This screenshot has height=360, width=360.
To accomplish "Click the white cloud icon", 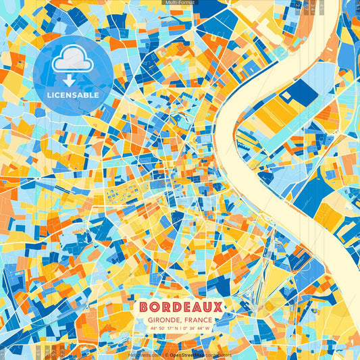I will coord(72,61).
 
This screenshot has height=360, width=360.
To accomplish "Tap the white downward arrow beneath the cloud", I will coord(72,80).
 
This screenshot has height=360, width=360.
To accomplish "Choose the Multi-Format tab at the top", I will coord(180,3).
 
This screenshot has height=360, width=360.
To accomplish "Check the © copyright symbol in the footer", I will coord(165,354).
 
